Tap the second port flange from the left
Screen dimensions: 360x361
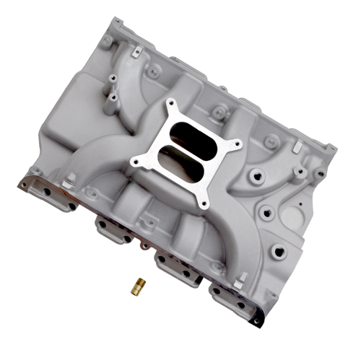[113, 229]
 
